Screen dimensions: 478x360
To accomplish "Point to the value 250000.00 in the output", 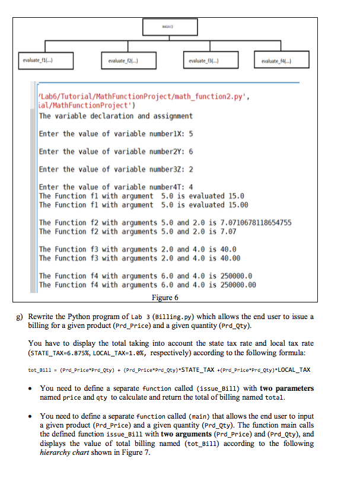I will pos(235,285).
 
